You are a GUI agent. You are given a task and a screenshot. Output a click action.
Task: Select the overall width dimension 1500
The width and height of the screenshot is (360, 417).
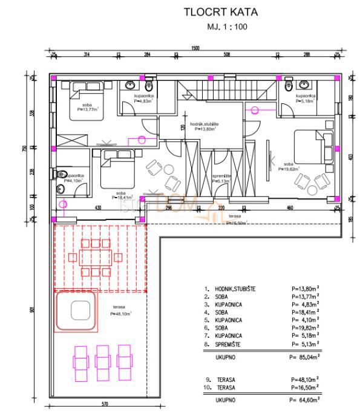pyautogui.click(x=195, y=48)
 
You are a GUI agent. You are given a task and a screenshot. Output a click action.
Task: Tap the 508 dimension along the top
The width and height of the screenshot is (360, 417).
pyautogui.click(x=226, y=55)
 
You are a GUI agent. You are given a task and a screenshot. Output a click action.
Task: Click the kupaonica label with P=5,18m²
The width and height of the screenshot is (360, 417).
pyautogui.click(x=306, y=99)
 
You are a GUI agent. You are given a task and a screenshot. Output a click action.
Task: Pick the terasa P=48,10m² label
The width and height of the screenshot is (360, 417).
pyautogui.click(x=121, y=311)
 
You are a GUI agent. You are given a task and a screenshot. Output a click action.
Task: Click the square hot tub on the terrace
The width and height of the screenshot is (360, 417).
pyautogui.click(x=79, y=311)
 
